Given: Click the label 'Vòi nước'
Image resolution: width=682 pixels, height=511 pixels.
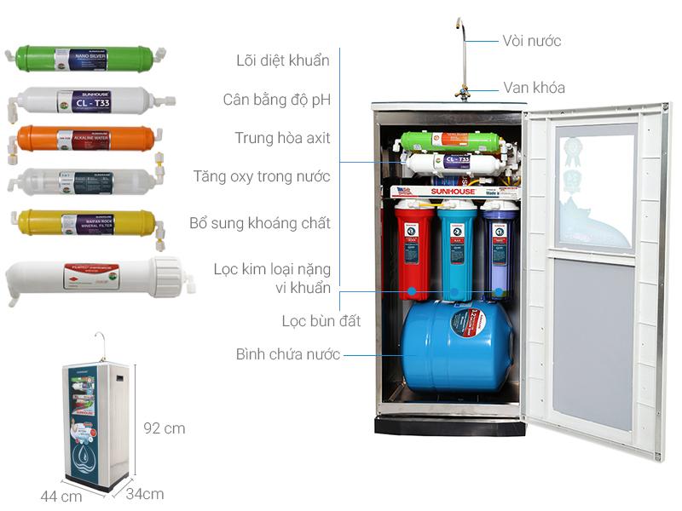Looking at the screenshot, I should pyautogui.click(x=532, y=41).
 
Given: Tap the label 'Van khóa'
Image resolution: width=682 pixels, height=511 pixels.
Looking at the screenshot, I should pyautogui.click(x=534, y=88).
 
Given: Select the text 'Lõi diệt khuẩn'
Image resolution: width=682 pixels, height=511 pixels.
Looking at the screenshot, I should pyautogui.click(x=282, y=60).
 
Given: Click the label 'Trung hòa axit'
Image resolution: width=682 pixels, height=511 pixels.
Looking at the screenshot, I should pyautogui.click(x=282, y=138).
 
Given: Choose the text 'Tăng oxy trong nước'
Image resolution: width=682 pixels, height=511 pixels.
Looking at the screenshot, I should pyautogui.click(x=261, y=176).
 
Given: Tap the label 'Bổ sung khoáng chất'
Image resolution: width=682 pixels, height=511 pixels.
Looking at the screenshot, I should pyautogui.click(x=259, y=223).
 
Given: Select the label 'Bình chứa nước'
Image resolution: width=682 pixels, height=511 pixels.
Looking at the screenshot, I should pyautogui.click(x=288, y=354).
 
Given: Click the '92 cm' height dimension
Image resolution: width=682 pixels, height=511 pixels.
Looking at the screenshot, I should pyautogui.click(x=164, y=428).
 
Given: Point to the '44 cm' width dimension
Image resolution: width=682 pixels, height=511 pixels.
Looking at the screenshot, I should pyautogui.click(x=60, y=497).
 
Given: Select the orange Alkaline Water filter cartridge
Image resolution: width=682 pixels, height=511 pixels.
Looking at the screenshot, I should pyautogui.click(x=85, y=138).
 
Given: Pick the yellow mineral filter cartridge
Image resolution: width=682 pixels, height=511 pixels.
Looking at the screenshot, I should pyautogui.click(x=85, y=223).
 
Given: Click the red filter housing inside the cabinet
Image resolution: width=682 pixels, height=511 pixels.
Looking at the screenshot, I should pyautogui.click(x=414, y=250).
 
